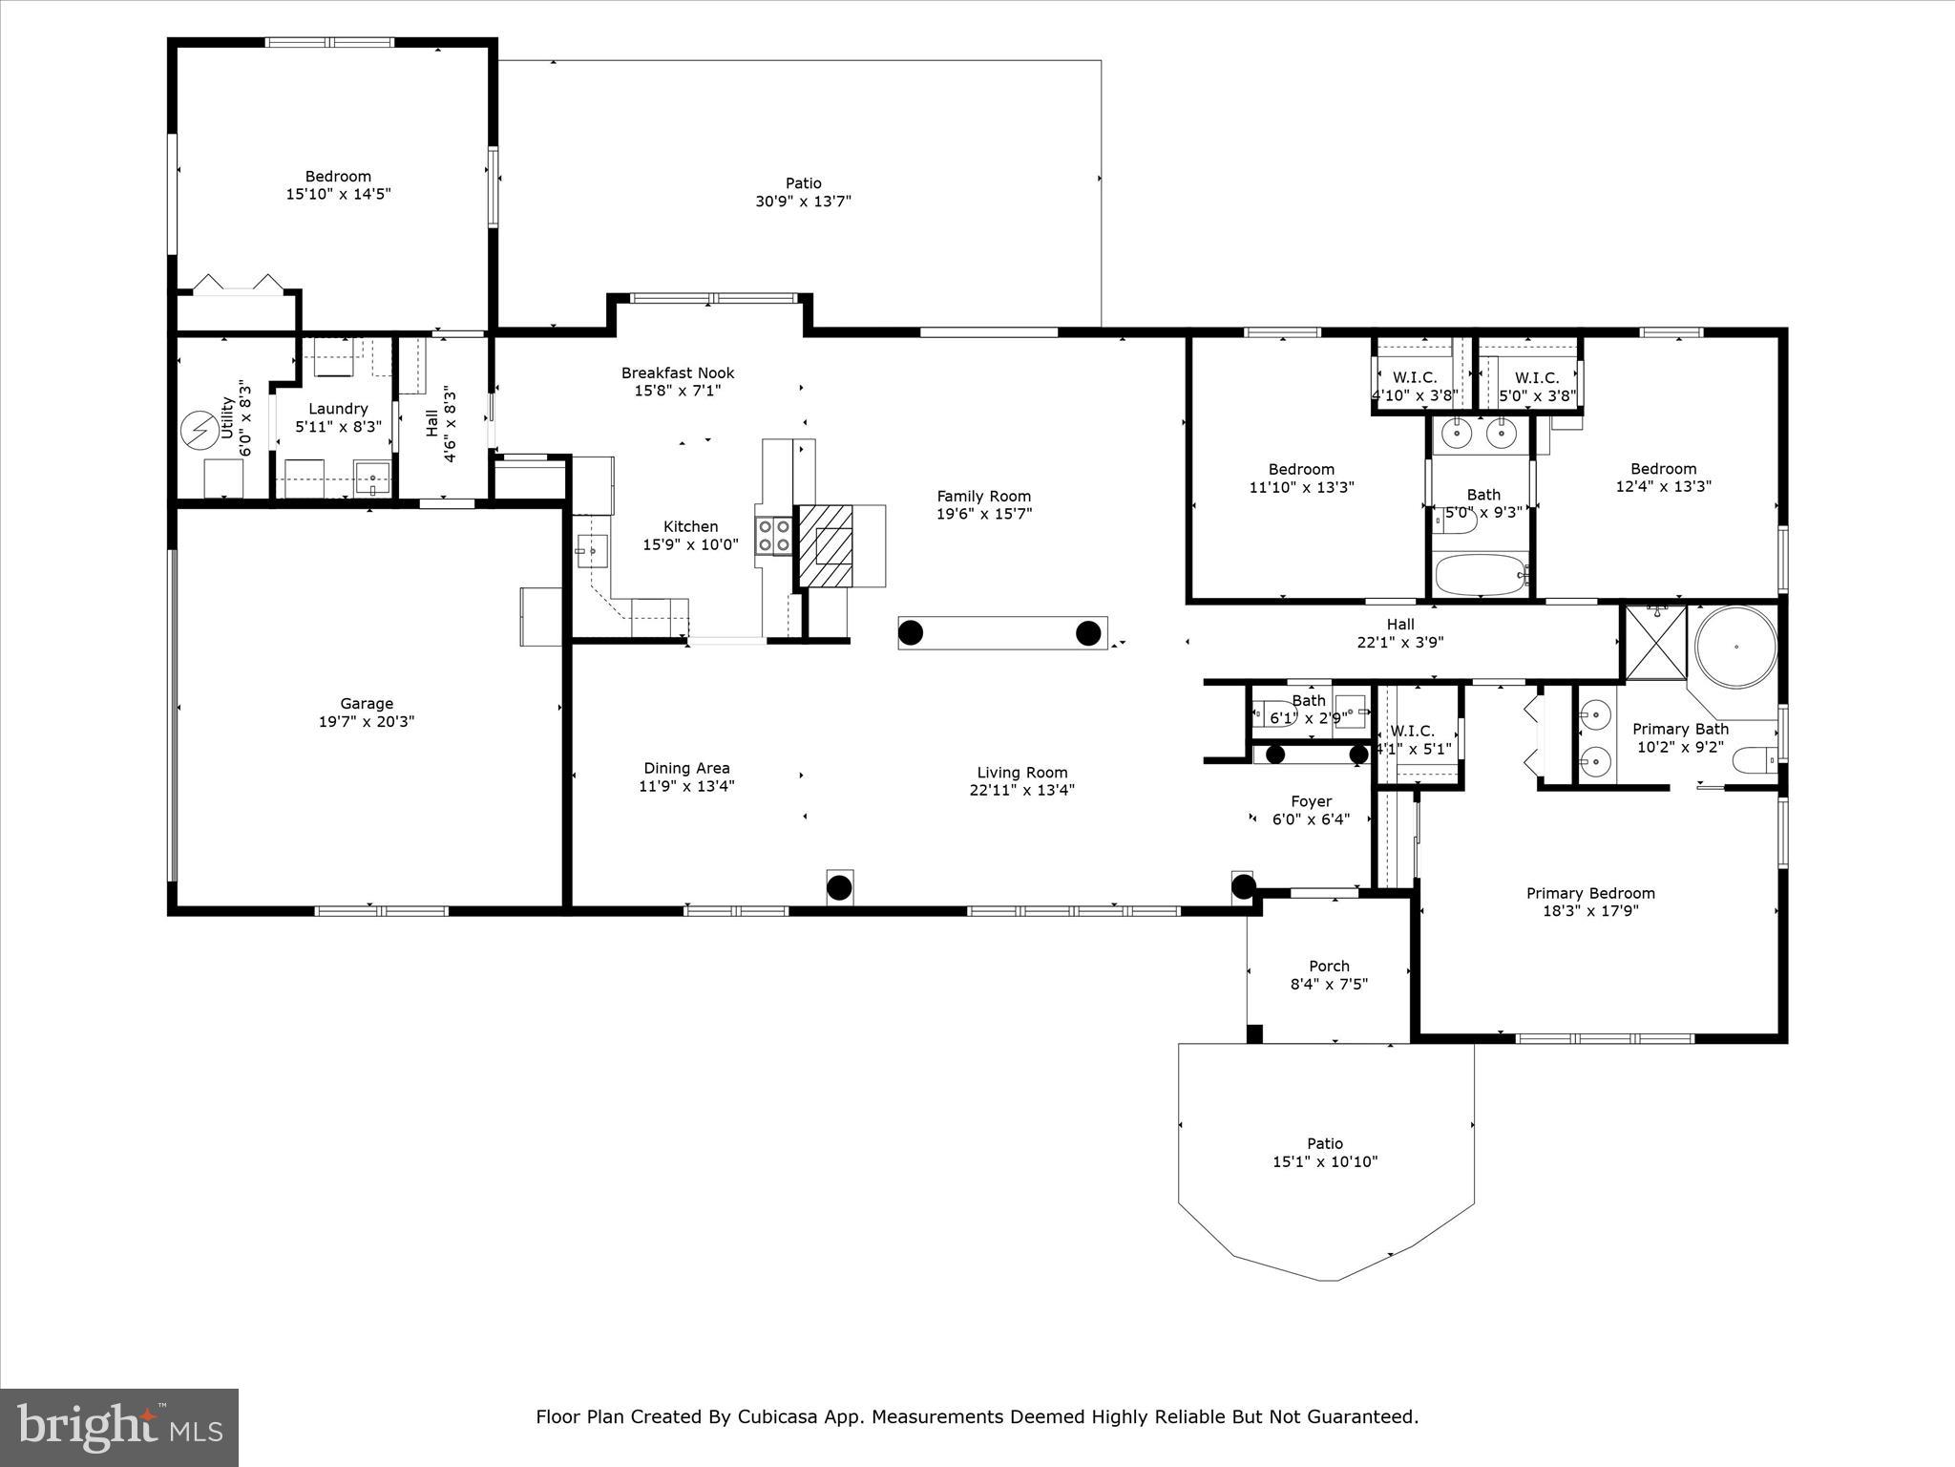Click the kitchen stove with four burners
coord(774,536)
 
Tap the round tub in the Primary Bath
coord(1735,647)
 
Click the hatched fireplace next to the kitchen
coord(825,546)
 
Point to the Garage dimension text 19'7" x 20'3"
coord(367,722)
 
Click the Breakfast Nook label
coord(678,372)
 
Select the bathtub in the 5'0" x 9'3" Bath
coord(1482,575)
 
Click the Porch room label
coord(1329,966)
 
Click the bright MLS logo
coord(119,1427)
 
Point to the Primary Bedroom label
coord(1590,893)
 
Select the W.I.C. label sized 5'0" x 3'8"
coord(1537,387)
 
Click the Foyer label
coord(1311,801)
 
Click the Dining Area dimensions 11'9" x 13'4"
coord(686,786)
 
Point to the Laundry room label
coord(338,409)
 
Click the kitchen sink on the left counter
coord(592,550)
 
